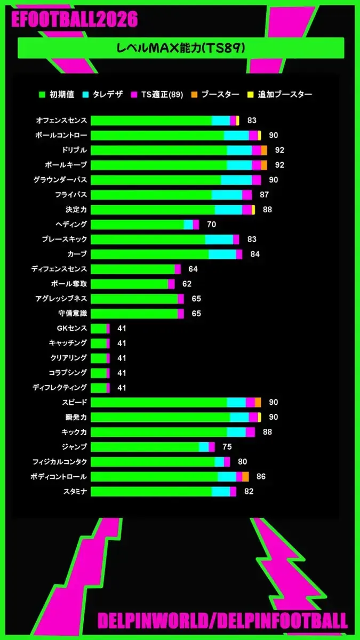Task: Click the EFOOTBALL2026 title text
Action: pos(75,19)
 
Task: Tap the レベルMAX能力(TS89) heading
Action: pos(181,48)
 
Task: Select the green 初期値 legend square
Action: pos(42,94)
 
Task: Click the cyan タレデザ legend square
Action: pos(85,94)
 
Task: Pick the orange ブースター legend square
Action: pos(194,94)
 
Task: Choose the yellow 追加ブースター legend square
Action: pos(250,94)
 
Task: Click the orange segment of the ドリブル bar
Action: pos(264,150)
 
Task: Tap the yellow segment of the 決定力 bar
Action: pos(253,210)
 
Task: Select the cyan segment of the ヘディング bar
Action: pos(188,225)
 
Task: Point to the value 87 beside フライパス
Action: pos(264,195)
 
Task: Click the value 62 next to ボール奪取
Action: pos(187,284)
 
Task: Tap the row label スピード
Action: pos(74,402)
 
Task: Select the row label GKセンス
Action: pos(71,328)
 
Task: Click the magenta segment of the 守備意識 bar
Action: pos(181,314)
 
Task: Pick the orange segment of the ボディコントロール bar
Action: pos(245,477)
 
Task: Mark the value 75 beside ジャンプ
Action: pos(227,447)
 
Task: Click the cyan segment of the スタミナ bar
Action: pos(221,491)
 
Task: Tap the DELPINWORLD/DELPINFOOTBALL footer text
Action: pos(222,620)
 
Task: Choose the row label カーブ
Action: pos(77,254)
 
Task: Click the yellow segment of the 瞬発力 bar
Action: pos(259,417)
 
